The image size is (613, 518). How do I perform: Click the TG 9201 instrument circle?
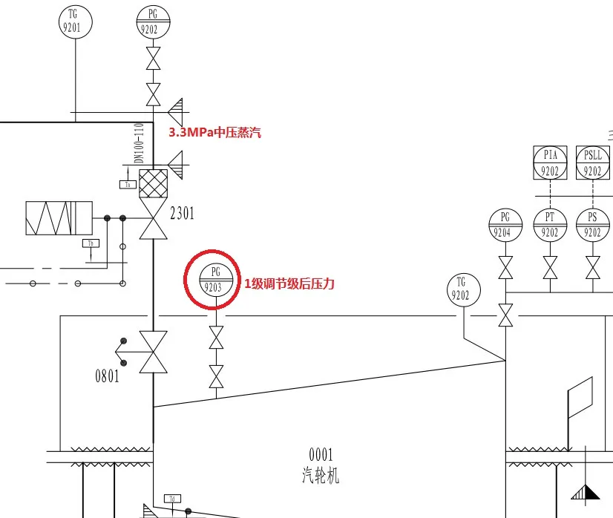[73, 21]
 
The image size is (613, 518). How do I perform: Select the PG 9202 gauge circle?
[154, 21]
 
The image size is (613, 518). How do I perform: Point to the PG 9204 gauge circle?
[505, 224]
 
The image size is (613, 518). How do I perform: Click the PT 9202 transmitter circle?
[550, 224]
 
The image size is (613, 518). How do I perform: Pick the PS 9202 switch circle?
[592, 224]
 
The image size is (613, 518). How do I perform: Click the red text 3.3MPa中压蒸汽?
[215, 133]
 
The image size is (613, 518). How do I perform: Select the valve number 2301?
[182, 214]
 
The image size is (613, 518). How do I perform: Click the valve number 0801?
[107, 376]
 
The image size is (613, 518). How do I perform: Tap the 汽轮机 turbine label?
[321, 474]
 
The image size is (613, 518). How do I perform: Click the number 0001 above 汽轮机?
[321, 455]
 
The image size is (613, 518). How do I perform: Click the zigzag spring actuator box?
[59, 217]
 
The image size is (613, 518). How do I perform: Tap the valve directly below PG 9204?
[505, 266]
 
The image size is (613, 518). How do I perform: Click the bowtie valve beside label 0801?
[154, 352]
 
